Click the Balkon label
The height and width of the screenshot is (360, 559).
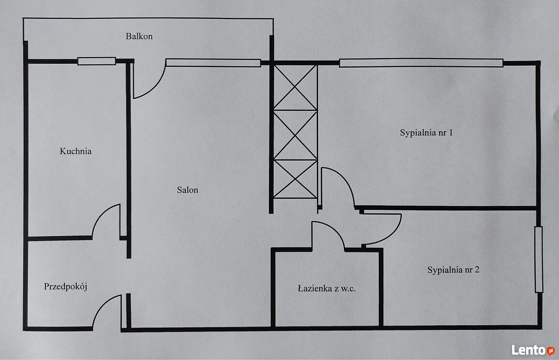(x=139, y=36)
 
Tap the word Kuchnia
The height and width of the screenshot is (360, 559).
(x=75, y=151)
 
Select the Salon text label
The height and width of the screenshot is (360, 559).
(x=188, y=190)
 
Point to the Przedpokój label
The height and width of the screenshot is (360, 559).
(x=66, y=286)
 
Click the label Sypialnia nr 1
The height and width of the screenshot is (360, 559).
(x=427, y=133)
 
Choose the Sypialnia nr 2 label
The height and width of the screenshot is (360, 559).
(x=454, y=270)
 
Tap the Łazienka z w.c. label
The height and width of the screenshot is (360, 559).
(x=326, y=288)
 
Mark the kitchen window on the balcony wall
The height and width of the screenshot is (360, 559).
(x=97, y=61)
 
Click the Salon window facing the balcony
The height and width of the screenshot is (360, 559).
(x=213, y=63)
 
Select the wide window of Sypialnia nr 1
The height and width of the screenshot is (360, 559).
(x=421, y=63)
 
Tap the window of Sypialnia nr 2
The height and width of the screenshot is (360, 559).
(x=538, y=259)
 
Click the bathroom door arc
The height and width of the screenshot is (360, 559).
(x=335, y=228)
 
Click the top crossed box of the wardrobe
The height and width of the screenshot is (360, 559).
(x=295, y=87)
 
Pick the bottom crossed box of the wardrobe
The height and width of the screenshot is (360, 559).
(x=295, y=179)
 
